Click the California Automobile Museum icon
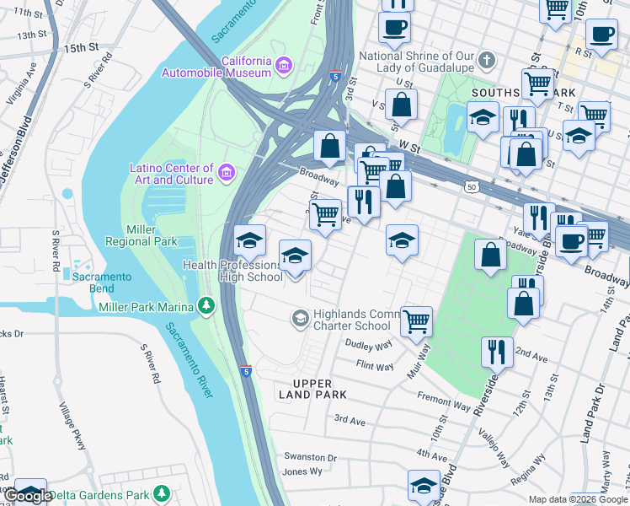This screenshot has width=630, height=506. coord(284,64)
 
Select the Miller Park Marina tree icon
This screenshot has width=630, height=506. coord(206,305)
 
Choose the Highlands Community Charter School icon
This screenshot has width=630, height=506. coord(299,318)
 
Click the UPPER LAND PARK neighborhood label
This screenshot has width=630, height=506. coord(312,390)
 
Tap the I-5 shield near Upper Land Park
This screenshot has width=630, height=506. coord(245,370)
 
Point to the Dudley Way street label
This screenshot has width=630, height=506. coord(369,344)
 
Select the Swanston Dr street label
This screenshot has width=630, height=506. coord(310,458)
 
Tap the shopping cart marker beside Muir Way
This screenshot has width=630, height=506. coord(416,321)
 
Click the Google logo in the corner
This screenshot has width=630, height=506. coord(27,496)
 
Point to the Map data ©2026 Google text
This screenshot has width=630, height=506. coord(577,499)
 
